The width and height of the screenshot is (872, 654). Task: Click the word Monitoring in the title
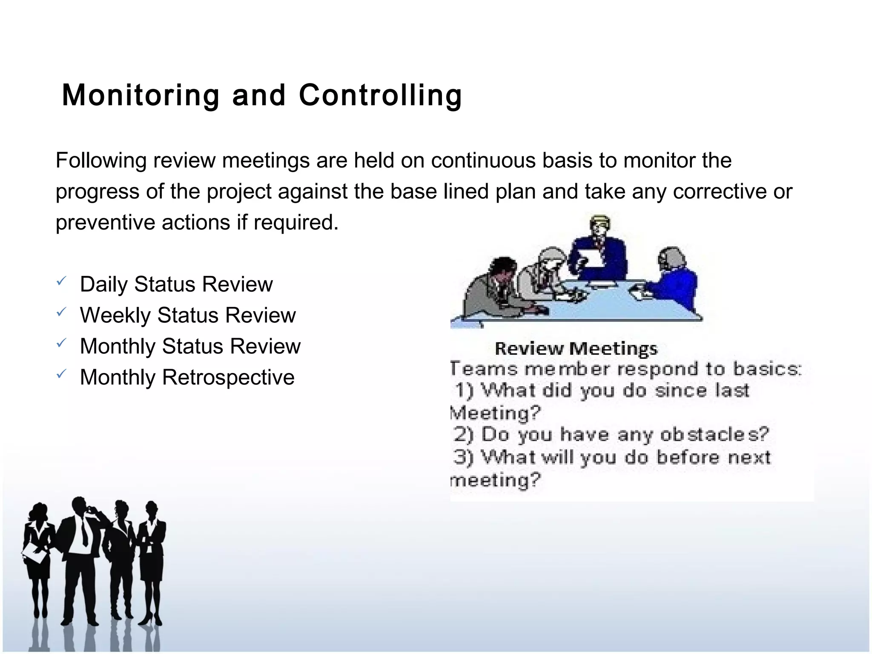click(x=141, y=95)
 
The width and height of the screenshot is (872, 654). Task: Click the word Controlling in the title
click(x=380, y=95)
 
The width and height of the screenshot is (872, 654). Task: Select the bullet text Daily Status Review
click(x=176, y=284)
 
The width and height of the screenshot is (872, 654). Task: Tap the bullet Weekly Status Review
click(x=188, y=315)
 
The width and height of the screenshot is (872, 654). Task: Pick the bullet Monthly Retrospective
click(x=187, y=377)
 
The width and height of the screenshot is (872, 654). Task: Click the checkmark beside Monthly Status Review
click(x=61, y=343)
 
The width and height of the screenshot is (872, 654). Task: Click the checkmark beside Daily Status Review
click(x=61, y=281)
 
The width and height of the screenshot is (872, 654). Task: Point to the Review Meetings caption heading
click(x=576, y=349)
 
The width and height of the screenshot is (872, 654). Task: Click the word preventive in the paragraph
click(x=105, y=222)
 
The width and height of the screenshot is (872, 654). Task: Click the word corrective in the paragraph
click(x=719, y=192)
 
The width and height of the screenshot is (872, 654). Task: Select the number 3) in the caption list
click(x=463, y=457)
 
